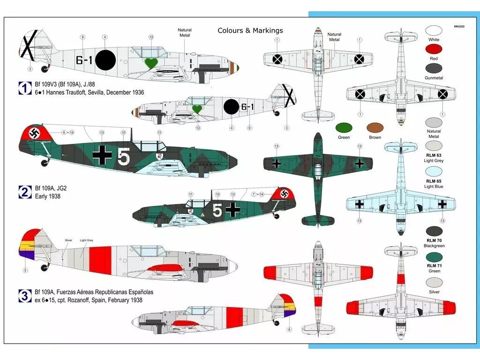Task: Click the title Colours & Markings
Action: coord(250,30)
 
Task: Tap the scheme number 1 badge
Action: coord(24,88)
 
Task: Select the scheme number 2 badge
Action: coord(24,191)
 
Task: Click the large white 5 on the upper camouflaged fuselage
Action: coord(123,158)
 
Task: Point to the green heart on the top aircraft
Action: coord(151,63)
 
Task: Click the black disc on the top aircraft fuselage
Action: coord(105,60)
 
